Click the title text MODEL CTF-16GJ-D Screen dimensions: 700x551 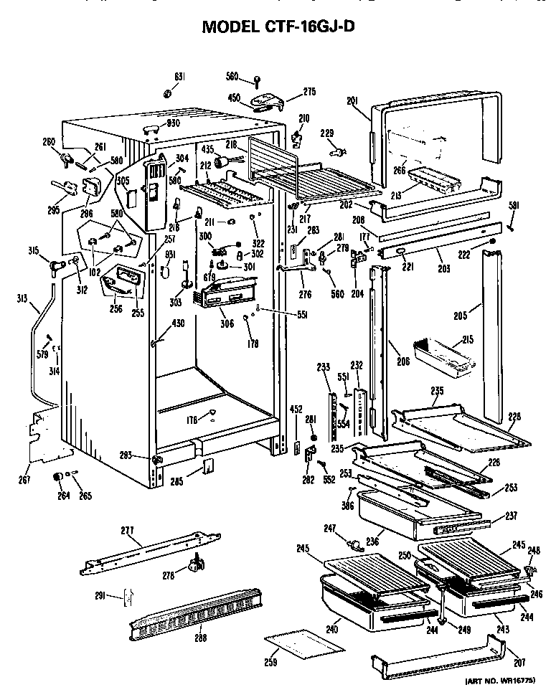(x=278, y=27)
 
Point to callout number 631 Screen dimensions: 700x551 (x=179, y=77)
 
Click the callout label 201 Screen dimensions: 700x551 (x=352, y=102)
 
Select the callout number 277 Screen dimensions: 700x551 (x=127, y=531)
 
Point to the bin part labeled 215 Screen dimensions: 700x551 (x=445, y=359)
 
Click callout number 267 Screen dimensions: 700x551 (x=25, y=479)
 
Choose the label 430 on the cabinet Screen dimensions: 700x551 (x=177, y=323)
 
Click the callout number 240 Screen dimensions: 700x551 (x=332, y=630)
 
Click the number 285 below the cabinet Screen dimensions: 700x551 (x=176, y=481)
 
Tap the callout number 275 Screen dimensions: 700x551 (x=310, y=91)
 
